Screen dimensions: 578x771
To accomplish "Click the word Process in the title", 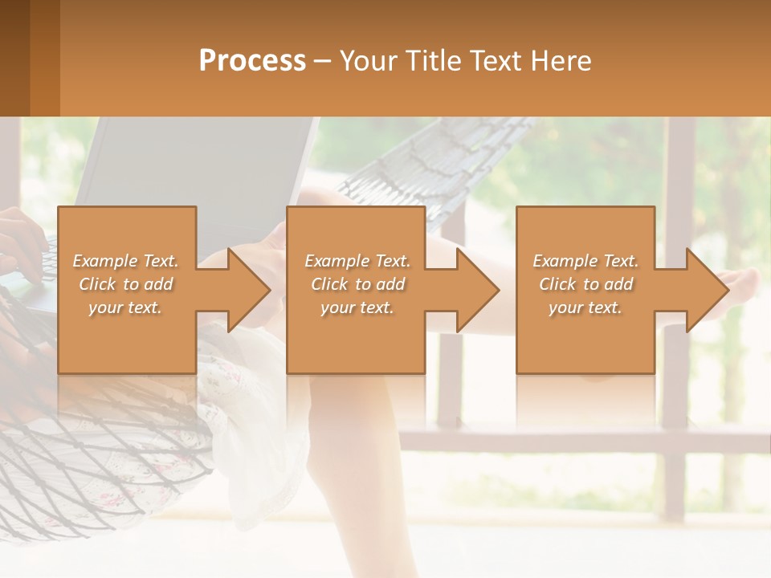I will (x=252, y=61).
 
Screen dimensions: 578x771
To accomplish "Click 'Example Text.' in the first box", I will (x=125, y=261).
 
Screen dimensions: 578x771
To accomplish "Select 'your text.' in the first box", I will (x=125, y=307).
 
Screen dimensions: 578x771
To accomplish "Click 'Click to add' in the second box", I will (x=357, y=284).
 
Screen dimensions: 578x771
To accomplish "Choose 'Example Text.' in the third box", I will (x=585, y=261).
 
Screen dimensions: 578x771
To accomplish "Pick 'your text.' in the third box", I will (x=585, y=307).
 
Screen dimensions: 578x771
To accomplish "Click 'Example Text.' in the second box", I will (x=357, y=261).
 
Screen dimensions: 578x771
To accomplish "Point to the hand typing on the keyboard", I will (x=20, y=241).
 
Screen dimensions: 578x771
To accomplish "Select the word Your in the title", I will (x=368, y=61).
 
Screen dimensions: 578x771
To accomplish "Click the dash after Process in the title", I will (x=323, y=61).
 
